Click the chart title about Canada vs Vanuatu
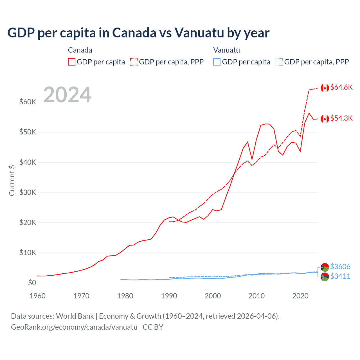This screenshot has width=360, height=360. (x=138, y=33)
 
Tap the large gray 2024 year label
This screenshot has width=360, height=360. (x=67, y=95)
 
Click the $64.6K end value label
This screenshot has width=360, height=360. (x=341, y=87)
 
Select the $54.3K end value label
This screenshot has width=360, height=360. (x=341, y=118)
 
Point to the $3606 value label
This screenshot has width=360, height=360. (x=340, y=267)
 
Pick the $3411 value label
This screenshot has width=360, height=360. (x=340, y=276)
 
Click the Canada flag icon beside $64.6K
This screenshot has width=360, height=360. (x=325, y=88)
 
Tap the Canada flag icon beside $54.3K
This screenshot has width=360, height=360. (x=325, y=119)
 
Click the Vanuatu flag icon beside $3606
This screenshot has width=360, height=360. (x=325, y=267)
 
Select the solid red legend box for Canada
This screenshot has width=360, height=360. (x=72, y=62)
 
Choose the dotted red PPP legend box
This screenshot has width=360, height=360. (x=134, y=62)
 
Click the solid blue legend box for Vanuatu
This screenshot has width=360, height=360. (x=217, y=62)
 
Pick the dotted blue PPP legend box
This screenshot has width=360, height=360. (x=279, y=62)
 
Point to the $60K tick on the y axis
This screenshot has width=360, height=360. (x=28, y=102)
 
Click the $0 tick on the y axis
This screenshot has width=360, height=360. (x=32, y=283)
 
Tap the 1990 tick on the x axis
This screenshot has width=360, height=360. (x=169, y=296)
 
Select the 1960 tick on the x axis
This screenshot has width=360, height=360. (x=38, y=296)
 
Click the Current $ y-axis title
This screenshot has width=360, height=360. (x=12, y=180)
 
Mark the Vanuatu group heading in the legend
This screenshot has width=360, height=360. (x=226, y=50)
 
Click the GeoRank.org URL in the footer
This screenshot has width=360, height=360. (x=74, y=327)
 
